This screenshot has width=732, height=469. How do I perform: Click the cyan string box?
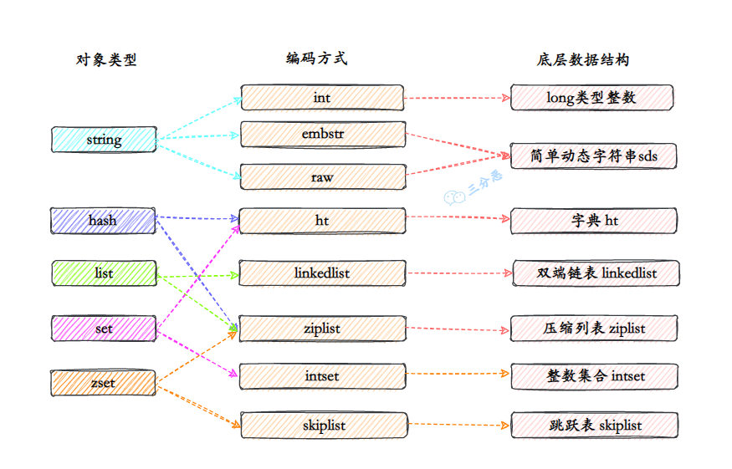[x=104, y=140]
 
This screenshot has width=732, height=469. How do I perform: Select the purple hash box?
[x=103, y=221]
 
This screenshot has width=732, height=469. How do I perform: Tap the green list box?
[x=104, y=273]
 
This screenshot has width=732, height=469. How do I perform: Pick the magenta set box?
[x=104, y=329]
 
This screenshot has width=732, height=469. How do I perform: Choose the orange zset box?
[x=104, y=383]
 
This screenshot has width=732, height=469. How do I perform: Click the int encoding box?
[x=322, y=98]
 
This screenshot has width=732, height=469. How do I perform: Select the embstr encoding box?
[x=322, y=134]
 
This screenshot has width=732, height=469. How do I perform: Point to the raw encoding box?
[x=322, y=176]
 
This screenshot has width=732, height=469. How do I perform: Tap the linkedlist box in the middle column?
[x=322, y=273]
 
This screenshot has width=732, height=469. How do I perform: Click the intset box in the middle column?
[x=322, y=376]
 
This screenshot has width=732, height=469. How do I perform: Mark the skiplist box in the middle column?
[x=322, y=425]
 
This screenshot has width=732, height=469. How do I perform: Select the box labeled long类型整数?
[x=592, y=98]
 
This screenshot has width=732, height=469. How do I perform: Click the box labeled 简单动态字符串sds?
[x=592, y=156]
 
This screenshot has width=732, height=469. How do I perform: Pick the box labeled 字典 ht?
[x=592, y=221]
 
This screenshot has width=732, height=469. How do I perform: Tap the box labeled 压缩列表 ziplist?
[x=592, y=328]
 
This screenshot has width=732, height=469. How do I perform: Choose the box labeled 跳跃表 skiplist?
[x=592, y=425]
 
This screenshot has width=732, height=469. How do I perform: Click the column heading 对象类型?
[x=106, y=59]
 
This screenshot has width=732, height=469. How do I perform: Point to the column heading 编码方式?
[x=316, y=58]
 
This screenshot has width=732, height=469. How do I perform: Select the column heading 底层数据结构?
[x=583, y=59]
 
